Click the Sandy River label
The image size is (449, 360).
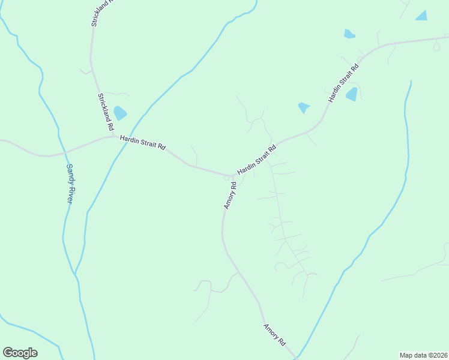point(69,184)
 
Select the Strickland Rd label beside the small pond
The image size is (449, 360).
point(106,112)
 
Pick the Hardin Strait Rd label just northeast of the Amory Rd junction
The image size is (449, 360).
point(256,160)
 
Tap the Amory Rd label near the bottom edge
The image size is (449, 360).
point(274,335)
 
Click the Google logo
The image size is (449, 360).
point(20,353)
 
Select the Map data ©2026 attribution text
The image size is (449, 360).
point(424,355)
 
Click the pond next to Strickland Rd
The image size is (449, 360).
point(121,113)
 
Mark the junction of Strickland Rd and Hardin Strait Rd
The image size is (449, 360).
point(115,136)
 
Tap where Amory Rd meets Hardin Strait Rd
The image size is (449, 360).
point(232,176)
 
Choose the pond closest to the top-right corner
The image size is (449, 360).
point(421,16)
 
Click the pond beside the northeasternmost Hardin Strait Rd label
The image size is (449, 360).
point(352,94)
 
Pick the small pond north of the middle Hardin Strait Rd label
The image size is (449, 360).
point(304,107)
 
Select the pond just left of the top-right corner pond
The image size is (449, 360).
point(349,34)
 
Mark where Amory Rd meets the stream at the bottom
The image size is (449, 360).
point(296,358)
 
